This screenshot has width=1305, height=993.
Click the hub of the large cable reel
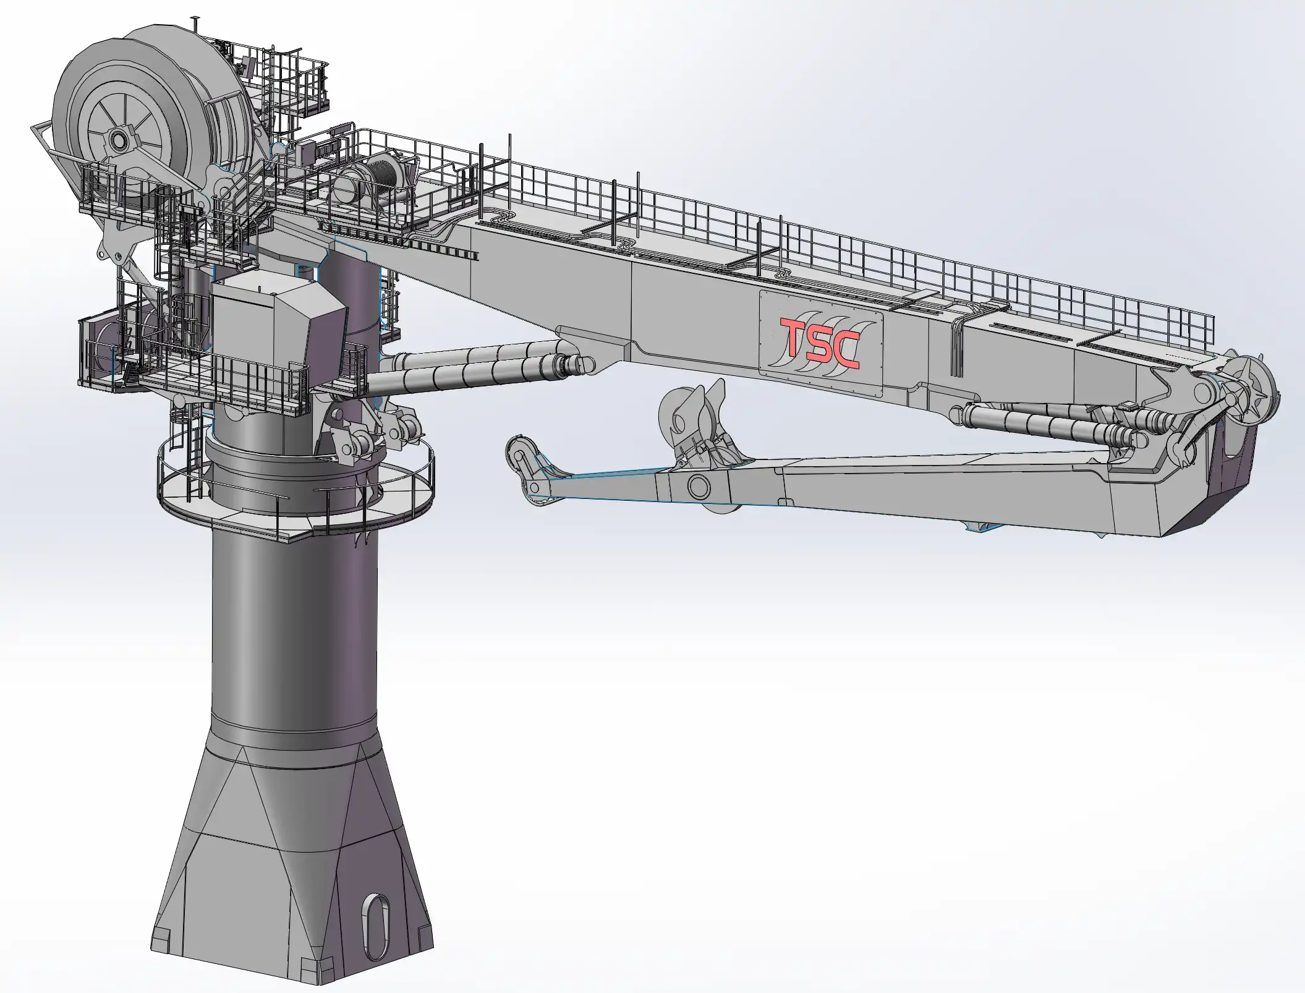tap(118, 141)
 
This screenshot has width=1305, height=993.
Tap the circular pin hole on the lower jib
tap(698, 485)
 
